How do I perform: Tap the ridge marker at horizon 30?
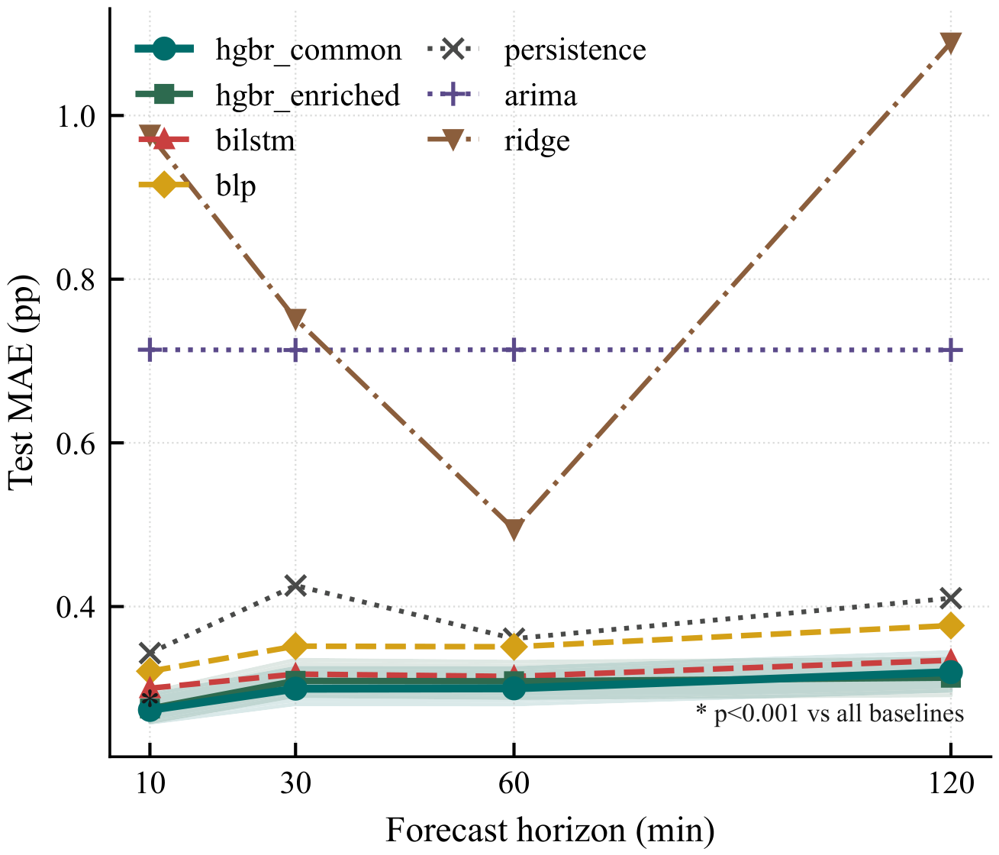(295, 318)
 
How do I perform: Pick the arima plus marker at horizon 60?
(514, 350)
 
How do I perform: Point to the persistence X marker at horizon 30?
(295, 586)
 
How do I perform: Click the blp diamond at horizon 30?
(295, 646)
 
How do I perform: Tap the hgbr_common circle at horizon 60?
(514, 688)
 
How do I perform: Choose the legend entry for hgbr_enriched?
(267, 95)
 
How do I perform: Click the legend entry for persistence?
(537, 50)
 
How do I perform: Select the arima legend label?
(541, 95)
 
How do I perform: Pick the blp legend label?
(236, 186)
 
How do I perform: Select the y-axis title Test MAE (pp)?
(22, 382)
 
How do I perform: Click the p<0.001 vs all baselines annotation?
(830, 713)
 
